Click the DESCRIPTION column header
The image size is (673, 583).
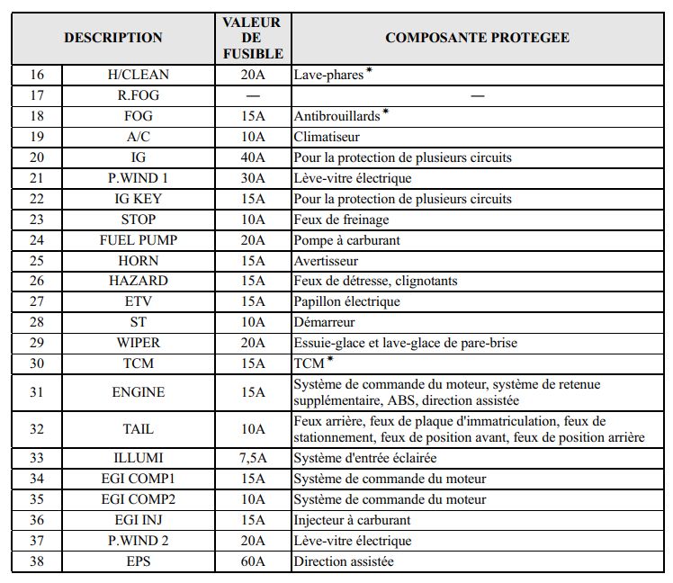tap(113, 38)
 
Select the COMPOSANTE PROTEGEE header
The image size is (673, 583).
tap(477, 38)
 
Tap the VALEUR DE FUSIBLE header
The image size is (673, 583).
tap(252, 38)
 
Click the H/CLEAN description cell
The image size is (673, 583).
tap(138, 75)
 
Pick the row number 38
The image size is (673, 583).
tap(37, 561)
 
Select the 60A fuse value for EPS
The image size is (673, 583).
tap(252, 561)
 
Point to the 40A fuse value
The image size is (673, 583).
tap(252, 157)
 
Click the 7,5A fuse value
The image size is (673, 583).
tap(252, 458)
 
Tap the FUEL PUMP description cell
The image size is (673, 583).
tap(138, 240)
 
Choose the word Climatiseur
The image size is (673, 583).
tap(327, 137)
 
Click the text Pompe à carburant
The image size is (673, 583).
tap(346, 240)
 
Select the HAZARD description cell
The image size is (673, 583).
tap(138, 281)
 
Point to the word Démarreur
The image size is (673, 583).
tap(324, 322)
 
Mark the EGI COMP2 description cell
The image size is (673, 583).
tap(138, 499)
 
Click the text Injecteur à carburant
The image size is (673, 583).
tap(352, 520)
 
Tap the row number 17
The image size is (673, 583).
tap(37, 95)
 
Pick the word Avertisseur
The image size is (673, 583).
tap(326, 261)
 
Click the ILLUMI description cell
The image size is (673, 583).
tap(138, 458)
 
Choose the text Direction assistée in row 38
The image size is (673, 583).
tap(343, 561)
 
